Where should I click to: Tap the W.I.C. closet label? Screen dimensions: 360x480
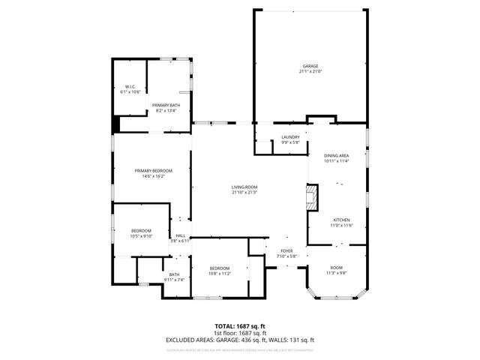click(x=130, y=87)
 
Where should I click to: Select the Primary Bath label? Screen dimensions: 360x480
click(x=166, y=105)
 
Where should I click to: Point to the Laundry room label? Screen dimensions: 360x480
click(x=290, y=136)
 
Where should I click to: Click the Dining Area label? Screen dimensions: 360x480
click(x=337, y=155)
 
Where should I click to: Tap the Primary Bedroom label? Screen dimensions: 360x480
click(x=154, y=171)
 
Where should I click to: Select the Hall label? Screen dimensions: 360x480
click(x=181, y=235)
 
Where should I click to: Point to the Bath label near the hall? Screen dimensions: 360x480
click(x=174, y=274)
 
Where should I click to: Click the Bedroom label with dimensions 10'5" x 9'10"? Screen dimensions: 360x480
click(x=142, y=230)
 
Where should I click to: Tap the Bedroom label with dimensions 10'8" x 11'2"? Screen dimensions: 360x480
click(x=220, y=268)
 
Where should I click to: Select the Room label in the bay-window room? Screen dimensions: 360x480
click(x=336, y=268)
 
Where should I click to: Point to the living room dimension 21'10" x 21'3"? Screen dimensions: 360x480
click(x=244, y=193)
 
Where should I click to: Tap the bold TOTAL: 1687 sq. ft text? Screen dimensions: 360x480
click(x=239, y=326)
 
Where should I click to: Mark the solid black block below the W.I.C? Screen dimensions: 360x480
click(x=116, y=124)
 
